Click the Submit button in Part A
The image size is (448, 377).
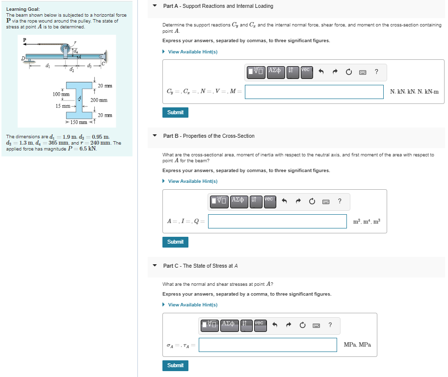pos(175,112)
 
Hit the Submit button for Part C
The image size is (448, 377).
pos(175,365)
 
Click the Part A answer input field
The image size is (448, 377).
pos(314,92)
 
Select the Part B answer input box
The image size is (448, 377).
pos(277,221)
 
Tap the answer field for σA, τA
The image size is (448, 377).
pos(267,345)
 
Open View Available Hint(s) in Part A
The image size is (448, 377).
pos(192,52)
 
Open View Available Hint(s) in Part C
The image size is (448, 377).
pos(192,305)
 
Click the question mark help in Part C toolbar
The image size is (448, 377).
pos(330,324)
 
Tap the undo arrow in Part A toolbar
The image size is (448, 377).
pos(321,72)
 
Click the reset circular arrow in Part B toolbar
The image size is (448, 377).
pos(312,201)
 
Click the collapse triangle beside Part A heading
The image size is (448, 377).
pos(155,6)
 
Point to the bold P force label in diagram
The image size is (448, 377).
pos(24,40)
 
